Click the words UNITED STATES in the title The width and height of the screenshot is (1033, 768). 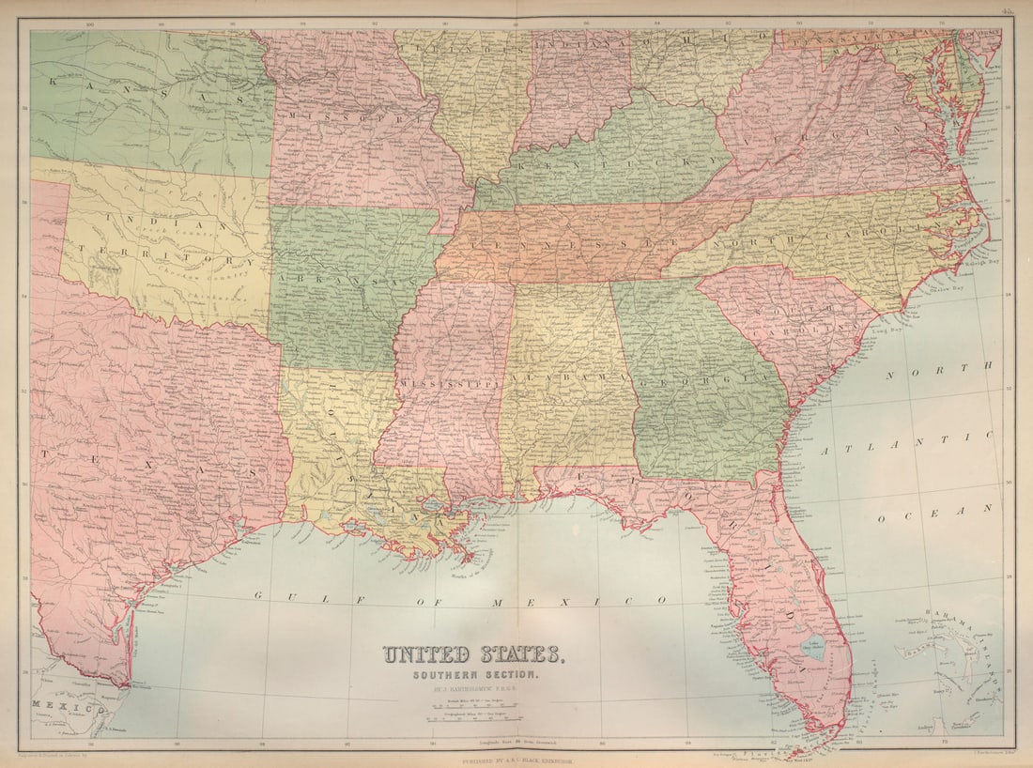click(x=472, y=654)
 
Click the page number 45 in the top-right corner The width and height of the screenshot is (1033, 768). click(x=1007, y=11)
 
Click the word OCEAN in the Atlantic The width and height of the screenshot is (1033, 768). click(x=948, y=513)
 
